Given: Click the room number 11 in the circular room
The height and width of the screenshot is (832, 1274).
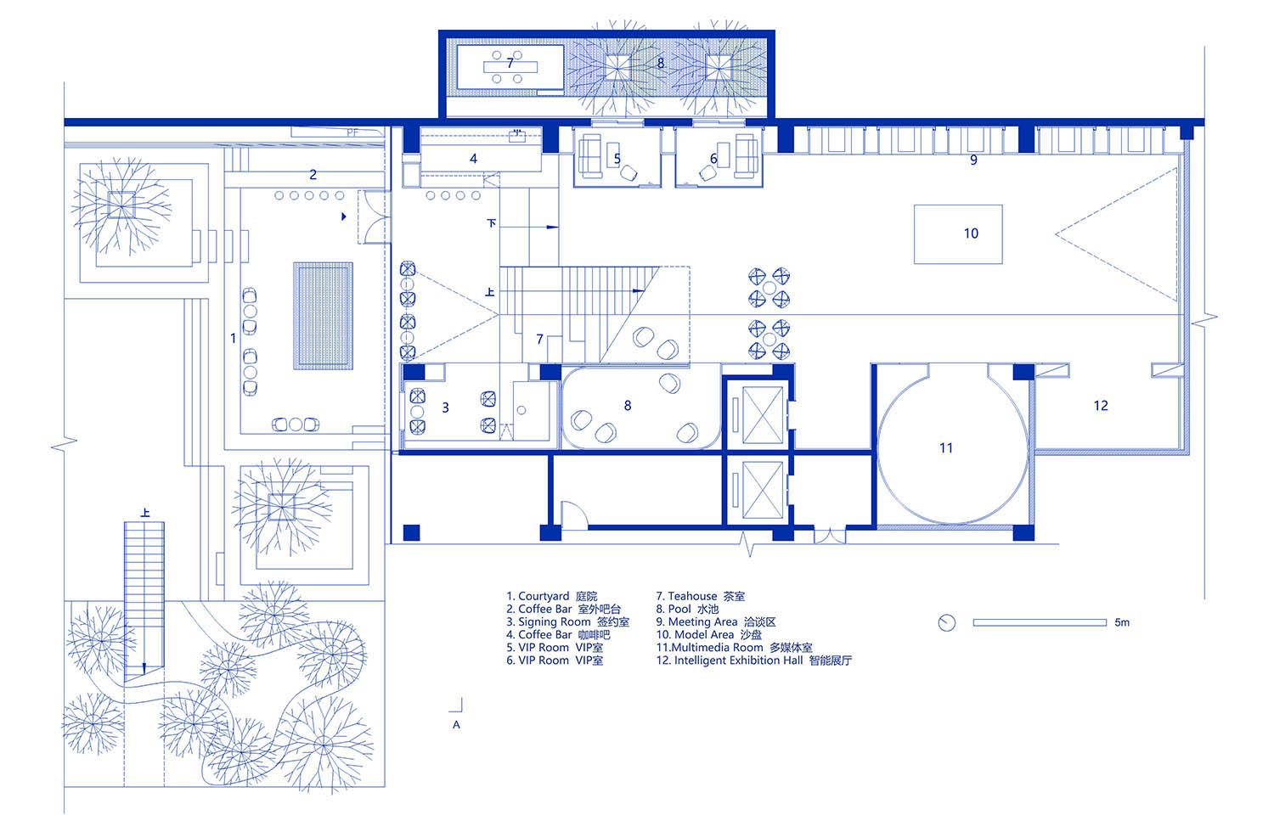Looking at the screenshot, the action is pos(946,448).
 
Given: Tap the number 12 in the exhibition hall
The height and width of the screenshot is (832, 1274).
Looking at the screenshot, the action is pos(1101,406).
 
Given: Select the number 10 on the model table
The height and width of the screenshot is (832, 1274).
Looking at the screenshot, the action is pos(971,233).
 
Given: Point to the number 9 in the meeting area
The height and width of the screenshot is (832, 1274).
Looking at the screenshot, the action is pos(973,160).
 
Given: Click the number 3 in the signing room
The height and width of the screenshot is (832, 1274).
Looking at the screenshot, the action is pos(445,408).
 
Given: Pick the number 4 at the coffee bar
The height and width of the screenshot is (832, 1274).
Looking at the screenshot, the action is pos(473,159).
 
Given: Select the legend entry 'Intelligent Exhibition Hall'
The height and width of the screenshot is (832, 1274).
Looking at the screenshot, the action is pos(738,661).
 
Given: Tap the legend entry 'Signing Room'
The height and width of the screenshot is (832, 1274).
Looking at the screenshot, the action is pos(554,622).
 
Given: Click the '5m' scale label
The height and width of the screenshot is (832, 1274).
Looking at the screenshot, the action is pos(1122,622).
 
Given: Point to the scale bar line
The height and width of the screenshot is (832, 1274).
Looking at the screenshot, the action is pos(1040,622).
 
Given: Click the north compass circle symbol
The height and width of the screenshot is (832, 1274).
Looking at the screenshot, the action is pos(947,622).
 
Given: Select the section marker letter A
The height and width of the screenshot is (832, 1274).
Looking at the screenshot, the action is pos(456,725).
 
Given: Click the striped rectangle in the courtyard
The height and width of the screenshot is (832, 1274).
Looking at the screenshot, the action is pos(323,316).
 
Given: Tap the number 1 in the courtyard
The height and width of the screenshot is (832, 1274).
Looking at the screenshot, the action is pos(233,339).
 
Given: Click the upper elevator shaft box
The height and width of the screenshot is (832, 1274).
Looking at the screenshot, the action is pos(762,415).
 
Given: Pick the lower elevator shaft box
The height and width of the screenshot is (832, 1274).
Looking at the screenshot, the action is pos(762,490).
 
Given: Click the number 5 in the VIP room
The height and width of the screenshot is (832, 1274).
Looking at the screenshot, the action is pos(617,159).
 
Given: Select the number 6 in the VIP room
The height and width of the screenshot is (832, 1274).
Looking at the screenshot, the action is pos(713,159).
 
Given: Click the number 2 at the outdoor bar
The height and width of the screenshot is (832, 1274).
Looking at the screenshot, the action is pos(313,175).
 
